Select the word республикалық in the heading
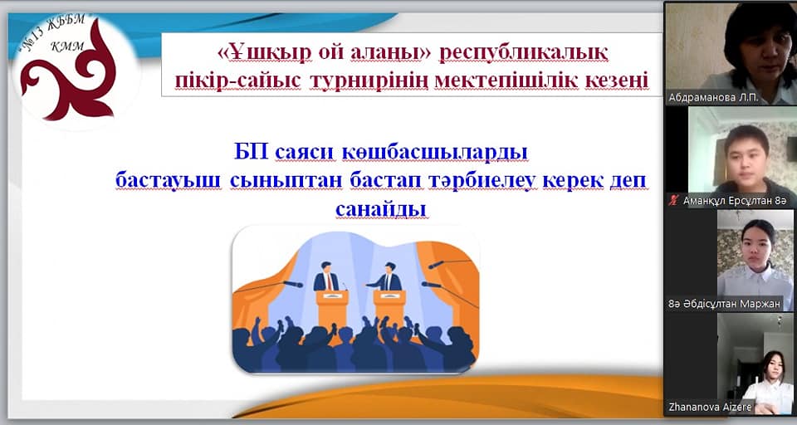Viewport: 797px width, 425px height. coord(524,53)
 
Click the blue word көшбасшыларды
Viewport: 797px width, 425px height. coord(435,153)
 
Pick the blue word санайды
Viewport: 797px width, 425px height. coord(381,209)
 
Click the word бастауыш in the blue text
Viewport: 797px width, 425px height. coord(169,180)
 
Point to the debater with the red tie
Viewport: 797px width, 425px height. coord(325,277)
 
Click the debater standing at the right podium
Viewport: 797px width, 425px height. coord(388,277)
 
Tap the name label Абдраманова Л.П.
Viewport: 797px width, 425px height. coord(713,98)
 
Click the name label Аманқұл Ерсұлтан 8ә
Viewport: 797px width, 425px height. coord(735,201)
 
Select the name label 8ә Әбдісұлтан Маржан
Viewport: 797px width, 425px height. coord(724,304)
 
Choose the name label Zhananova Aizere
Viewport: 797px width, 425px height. coord(710,408)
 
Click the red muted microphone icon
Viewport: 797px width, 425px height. coord(674,201)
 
